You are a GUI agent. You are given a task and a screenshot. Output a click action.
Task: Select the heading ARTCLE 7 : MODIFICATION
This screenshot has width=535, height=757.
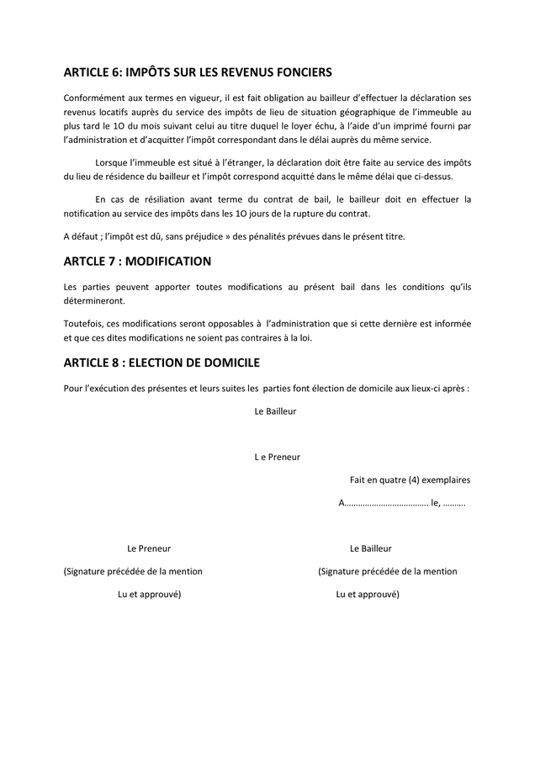(x=137, y=262)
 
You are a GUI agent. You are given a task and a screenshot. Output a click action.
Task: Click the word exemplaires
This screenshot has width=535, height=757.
(x=447, y=480)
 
